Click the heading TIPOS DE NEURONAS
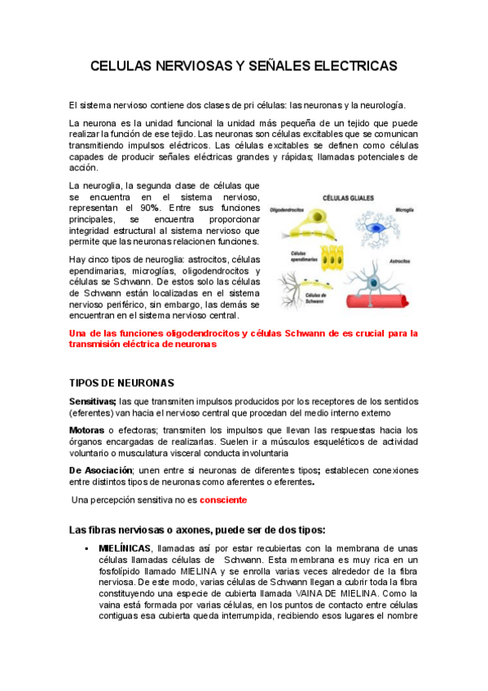(x=122, y=383)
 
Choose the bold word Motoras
(x=86, y=430)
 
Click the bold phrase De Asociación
(x=102, y=470)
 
